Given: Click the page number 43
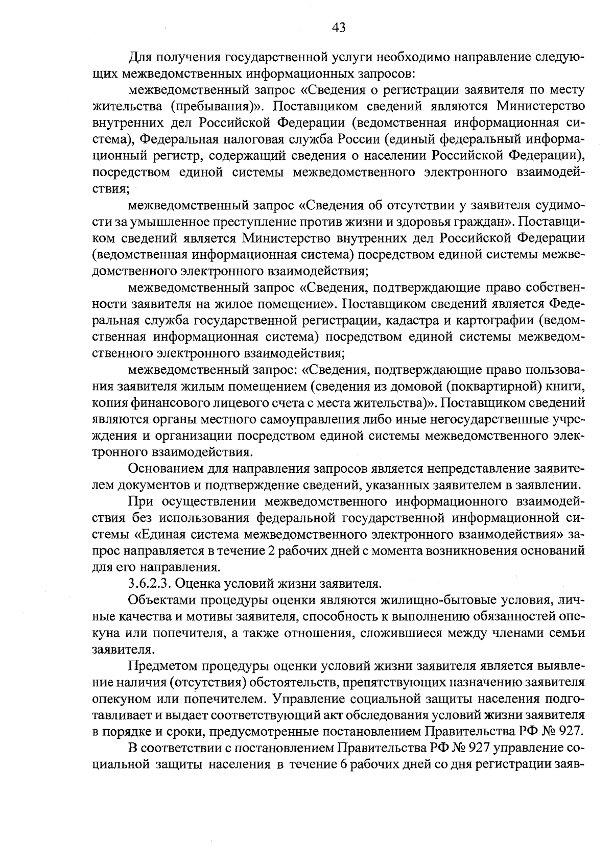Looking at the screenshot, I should point(339,28).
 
